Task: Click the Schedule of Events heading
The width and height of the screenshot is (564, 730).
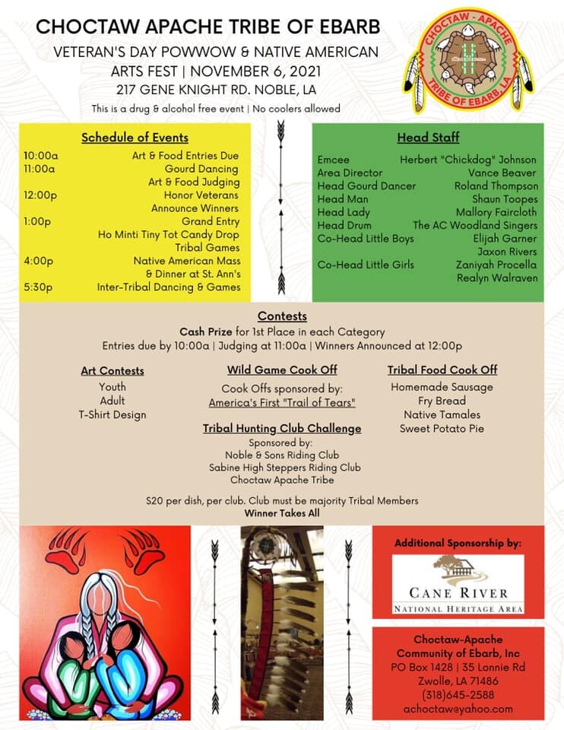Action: [x=135, y=138]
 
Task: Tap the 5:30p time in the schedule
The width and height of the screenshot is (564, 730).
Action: [x=38, y=287]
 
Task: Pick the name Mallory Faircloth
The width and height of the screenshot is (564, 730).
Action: [x=496, y=212]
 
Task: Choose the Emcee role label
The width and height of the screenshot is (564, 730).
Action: [x=333, y=160]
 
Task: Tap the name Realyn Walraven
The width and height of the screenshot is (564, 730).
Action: [x=496, y=278]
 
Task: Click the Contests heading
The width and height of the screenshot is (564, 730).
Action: [x=282, y=316]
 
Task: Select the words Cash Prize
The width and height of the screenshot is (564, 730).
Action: [x=205, y=332]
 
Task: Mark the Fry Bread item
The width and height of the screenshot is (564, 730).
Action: [x=441, y=401]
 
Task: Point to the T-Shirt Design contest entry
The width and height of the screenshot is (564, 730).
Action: [x=112, y=414]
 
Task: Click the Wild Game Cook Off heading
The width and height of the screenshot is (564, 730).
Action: [x=282, y=370]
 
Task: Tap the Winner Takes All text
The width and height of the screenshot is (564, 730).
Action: [x=282, y=513]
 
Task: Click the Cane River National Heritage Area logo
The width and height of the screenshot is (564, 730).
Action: [x=458, y=584]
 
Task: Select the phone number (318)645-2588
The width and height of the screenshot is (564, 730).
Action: [x=458, y=695]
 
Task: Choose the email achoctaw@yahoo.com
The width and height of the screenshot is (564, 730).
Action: [x=458, y=709]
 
